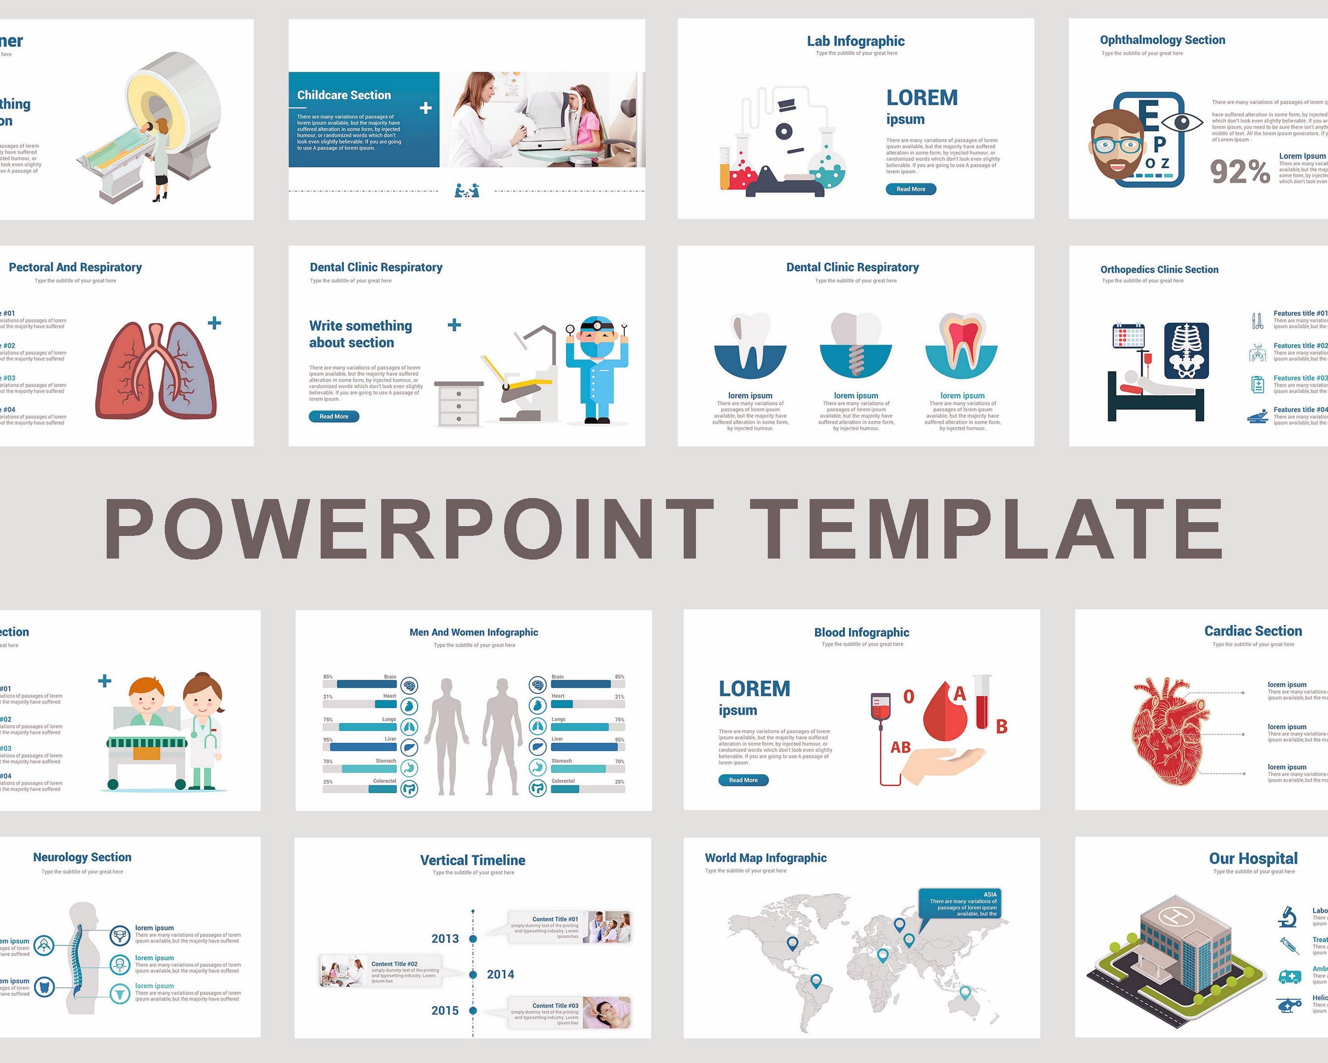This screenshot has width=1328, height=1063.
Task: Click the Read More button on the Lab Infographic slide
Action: click(x=911, y=189)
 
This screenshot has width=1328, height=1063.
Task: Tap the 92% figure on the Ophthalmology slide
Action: click(x=1239, y=171)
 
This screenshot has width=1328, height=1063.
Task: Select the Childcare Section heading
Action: click(x=344, y=95)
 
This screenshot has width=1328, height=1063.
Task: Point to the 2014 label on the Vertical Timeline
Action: click(x=500, y=974)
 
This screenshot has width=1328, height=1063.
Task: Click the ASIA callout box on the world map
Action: click(x=960, y=904)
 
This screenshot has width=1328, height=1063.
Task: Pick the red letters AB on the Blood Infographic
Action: click(x=900, y=748)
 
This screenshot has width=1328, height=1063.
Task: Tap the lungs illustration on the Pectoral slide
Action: click(x=156, y=370)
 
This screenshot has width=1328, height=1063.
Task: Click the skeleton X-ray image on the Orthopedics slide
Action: click(x=1186, y=351)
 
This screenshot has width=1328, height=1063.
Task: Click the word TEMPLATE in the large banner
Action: click(x=985, y=529)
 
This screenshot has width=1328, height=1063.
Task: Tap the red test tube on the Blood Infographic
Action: click(x=982, y=702)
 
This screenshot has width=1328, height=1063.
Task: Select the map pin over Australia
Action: click(x=965, y=992)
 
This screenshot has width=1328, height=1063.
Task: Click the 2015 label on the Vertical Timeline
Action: click(x=445, y=1011)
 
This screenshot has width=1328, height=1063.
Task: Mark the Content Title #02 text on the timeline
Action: click(x=394, y=964)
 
